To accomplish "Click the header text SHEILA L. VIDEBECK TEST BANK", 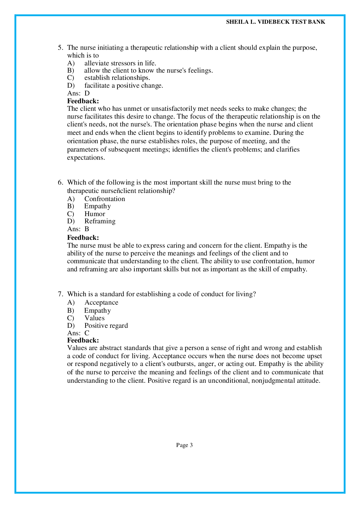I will [x=275, y=22].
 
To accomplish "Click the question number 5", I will [x=60, y=48].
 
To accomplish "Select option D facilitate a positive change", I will [x=124, y=86].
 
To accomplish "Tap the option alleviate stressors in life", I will [x=120, y=63].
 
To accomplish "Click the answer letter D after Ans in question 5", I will [x=87, y=93].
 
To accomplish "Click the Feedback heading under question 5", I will [x=83, y=101].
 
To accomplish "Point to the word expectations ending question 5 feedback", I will [x=86, y=158].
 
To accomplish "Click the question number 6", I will [x=60, y=183].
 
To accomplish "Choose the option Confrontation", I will [x=104, y=199].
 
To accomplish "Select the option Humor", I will [x=95, y=214].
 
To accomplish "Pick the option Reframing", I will [x=100, y=221].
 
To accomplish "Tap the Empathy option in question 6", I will [x=98, y=206].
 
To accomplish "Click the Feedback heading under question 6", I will [x=83, y=238].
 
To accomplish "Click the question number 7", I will [x=60, y=294].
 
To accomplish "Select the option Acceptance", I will [x=101, y=303].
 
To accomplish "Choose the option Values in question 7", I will [x=94, y=318].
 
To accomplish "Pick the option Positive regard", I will [x=106, y=325].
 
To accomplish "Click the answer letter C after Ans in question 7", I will [x=87, y=333].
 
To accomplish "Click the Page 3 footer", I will [x=184, y=445].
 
